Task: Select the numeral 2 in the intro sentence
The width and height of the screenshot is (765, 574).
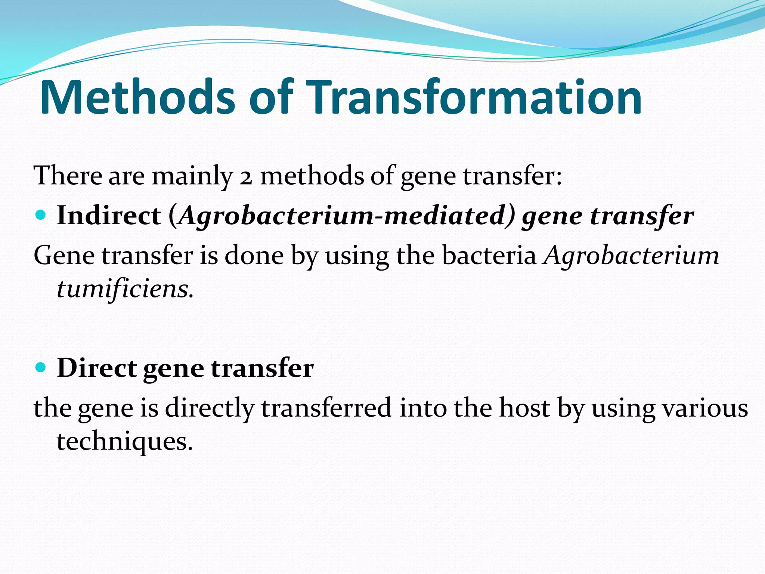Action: coord(246,176)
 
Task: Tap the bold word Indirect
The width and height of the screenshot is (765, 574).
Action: coord(109,216)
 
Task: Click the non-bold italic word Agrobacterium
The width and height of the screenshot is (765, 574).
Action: coord(631,256)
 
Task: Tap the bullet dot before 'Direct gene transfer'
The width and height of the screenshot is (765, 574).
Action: coord(41,367)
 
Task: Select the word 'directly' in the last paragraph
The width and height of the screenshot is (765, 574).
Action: coord(209,408)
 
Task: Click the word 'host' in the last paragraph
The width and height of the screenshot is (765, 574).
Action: coord(525,408)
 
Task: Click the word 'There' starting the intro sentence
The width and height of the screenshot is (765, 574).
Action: coord(68,176)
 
